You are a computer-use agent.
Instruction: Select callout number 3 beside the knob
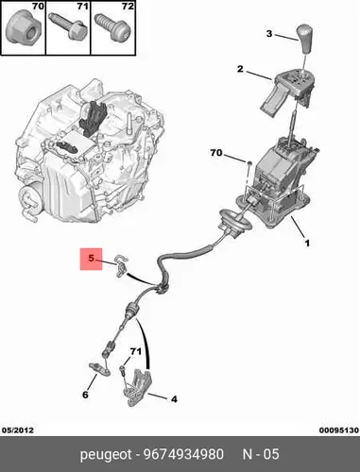[x=269, y=33]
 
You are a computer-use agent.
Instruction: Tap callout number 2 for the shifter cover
[x=240, y=69]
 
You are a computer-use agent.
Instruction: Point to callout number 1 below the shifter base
[x=307, y=243]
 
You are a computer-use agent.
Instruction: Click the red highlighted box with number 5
[x=91, y=259]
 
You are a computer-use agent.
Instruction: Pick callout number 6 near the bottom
[x=85, y=395]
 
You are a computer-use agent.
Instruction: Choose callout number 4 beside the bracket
[x=174, y=399]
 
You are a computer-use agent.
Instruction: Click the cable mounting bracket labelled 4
[x=138, y=388]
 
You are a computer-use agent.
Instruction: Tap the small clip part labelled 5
[x=121, y=266]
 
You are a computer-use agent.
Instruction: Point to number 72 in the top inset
[x=128, y=6]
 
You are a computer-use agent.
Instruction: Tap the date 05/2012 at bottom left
[x=18, y=430]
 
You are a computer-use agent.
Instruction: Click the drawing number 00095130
[x=338, y=430]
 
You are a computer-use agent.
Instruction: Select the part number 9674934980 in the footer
[x=183, y=454]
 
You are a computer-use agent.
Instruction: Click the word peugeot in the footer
[x=106, y=455]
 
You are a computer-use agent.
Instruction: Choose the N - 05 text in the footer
[x=261, y=454]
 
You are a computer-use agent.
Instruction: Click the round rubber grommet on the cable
[x=235, y=222]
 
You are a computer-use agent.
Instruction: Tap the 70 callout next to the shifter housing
[x=216, y=153]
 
